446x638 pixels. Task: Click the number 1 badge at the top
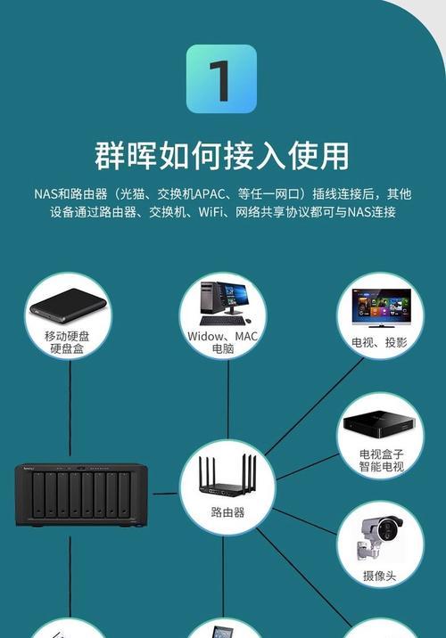(221, 79)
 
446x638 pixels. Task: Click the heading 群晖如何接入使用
(222, 155)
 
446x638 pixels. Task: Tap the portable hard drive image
(68, 307)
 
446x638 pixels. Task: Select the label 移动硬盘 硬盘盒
(67, 342)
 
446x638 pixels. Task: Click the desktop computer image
(225, 303)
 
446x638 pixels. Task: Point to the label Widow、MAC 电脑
(223, 342)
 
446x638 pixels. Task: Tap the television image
(381, 308)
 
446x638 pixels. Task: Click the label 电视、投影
(380, 342)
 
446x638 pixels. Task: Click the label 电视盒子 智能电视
(381, 460)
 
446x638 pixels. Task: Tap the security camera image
(380, 537)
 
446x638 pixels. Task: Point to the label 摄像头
(379, 576)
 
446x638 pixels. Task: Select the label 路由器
(227, 511)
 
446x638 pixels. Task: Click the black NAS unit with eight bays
(81, 495)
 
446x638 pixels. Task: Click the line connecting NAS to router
(165, 494)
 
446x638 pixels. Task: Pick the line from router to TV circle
(314, 406)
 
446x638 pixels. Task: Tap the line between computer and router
(227, 400)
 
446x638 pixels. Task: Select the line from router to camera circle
(305, 521)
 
